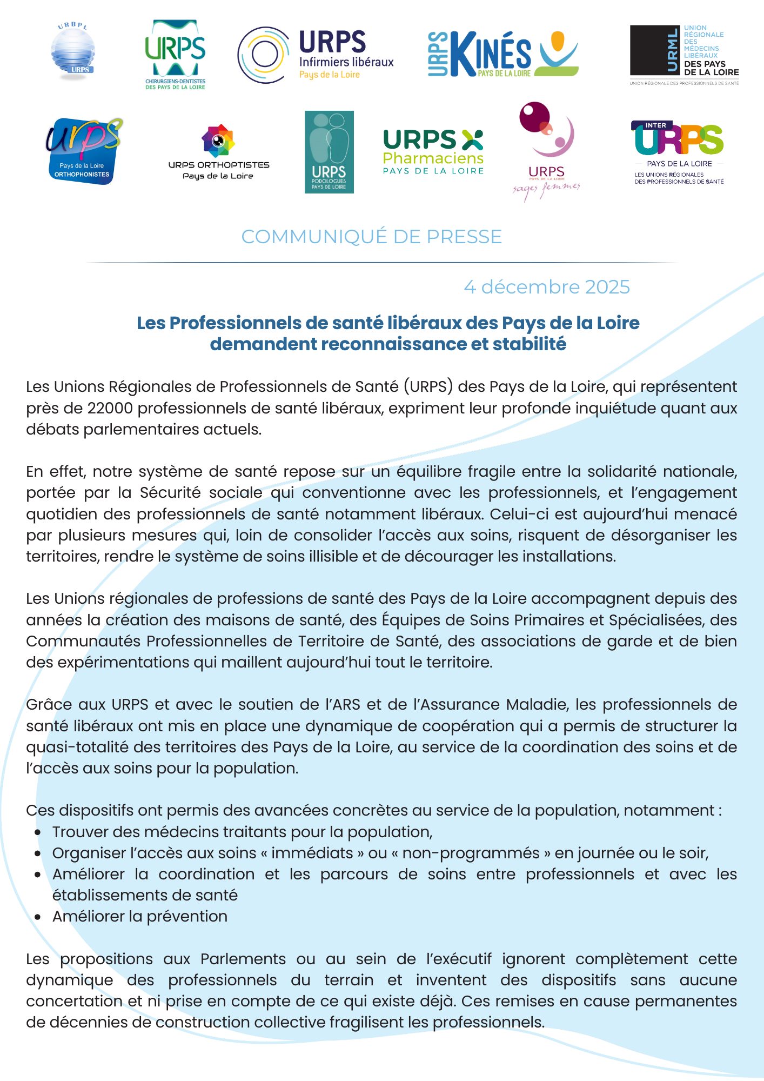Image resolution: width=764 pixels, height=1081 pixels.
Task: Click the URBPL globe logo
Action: (73, 51)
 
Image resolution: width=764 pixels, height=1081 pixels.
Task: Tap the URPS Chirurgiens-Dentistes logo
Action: (175, 54)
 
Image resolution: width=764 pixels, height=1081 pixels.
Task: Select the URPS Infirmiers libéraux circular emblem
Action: (264, 55)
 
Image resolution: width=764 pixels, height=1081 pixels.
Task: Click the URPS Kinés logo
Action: (502, 54)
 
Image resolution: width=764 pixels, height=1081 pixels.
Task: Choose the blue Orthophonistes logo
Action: (84, 151)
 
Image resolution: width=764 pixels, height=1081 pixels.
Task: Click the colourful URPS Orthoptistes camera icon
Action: (218, 141)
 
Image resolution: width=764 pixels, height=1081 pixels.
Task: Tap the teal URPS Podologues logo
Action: (329, 152)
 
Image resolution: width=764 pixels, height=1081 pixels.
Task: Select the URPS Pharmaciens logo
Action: (433, 151)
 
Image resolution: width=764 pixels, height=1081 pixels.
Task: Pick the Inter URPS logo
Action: (678, 152)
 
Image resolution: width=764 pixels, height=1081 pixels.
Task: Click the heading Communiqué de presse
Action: (372, 237)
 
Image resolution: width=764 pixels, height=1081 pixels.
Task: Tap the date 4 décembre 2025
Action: (547, 287)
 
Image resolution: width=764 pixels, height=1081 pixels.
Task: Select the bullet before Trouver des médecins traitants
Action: (37, 832)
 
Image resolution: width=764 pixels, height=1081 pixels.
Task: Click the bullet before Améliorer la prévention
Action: (37, 917)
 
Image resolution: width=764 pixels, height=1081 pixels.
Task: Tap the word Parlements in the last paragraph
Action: (243, 959)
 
